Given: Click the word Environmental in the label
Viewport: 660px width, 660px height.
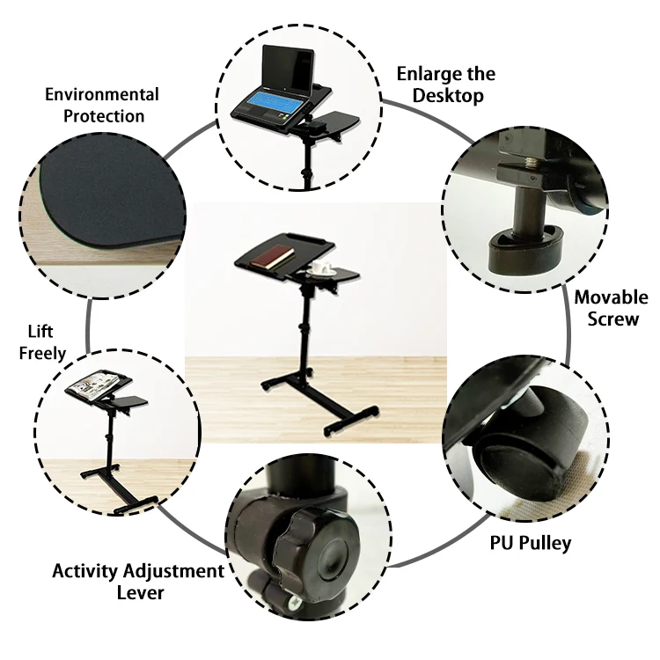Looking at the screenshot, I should [101, 94].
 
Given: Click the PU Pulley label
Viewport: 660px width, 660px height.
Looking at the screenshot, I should [530, 542].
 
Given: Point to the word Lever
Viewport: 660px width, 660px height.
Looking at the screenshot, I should [140, 592].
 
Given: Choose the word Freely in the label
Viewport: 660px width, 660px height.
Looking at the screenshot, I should [43, 353].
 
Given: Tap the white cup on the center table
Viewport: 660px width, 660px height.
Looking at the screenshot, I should [319, 265].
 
